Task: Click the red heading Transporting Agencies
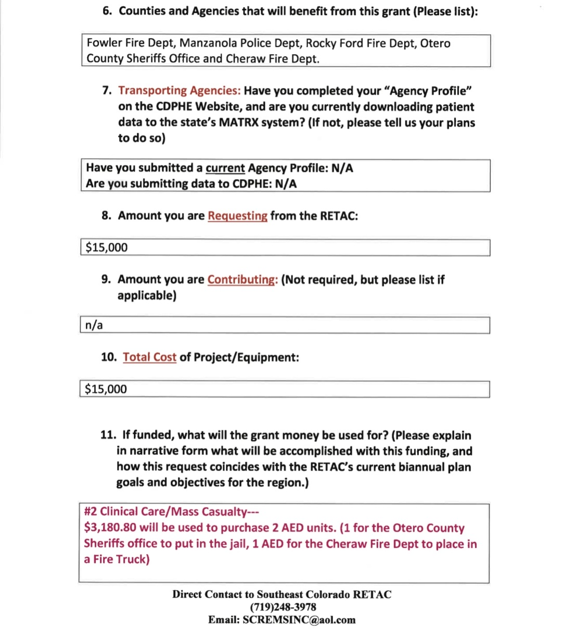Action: coord(179,91)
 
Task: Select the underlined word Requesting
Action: coord(237,216)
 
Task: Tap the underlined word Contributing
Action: coord(242,279)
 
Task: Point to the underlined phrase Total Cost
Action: coord(149,357)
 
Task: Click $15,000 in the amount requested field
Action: coord(107,247)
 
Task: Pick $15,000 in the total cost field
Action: coord(106,389)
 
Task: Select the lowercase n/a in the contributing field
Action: coord(94,325)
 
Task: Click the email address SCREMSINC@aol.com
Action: coord(299,620)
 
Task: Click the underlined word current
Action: coord(225,168)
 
